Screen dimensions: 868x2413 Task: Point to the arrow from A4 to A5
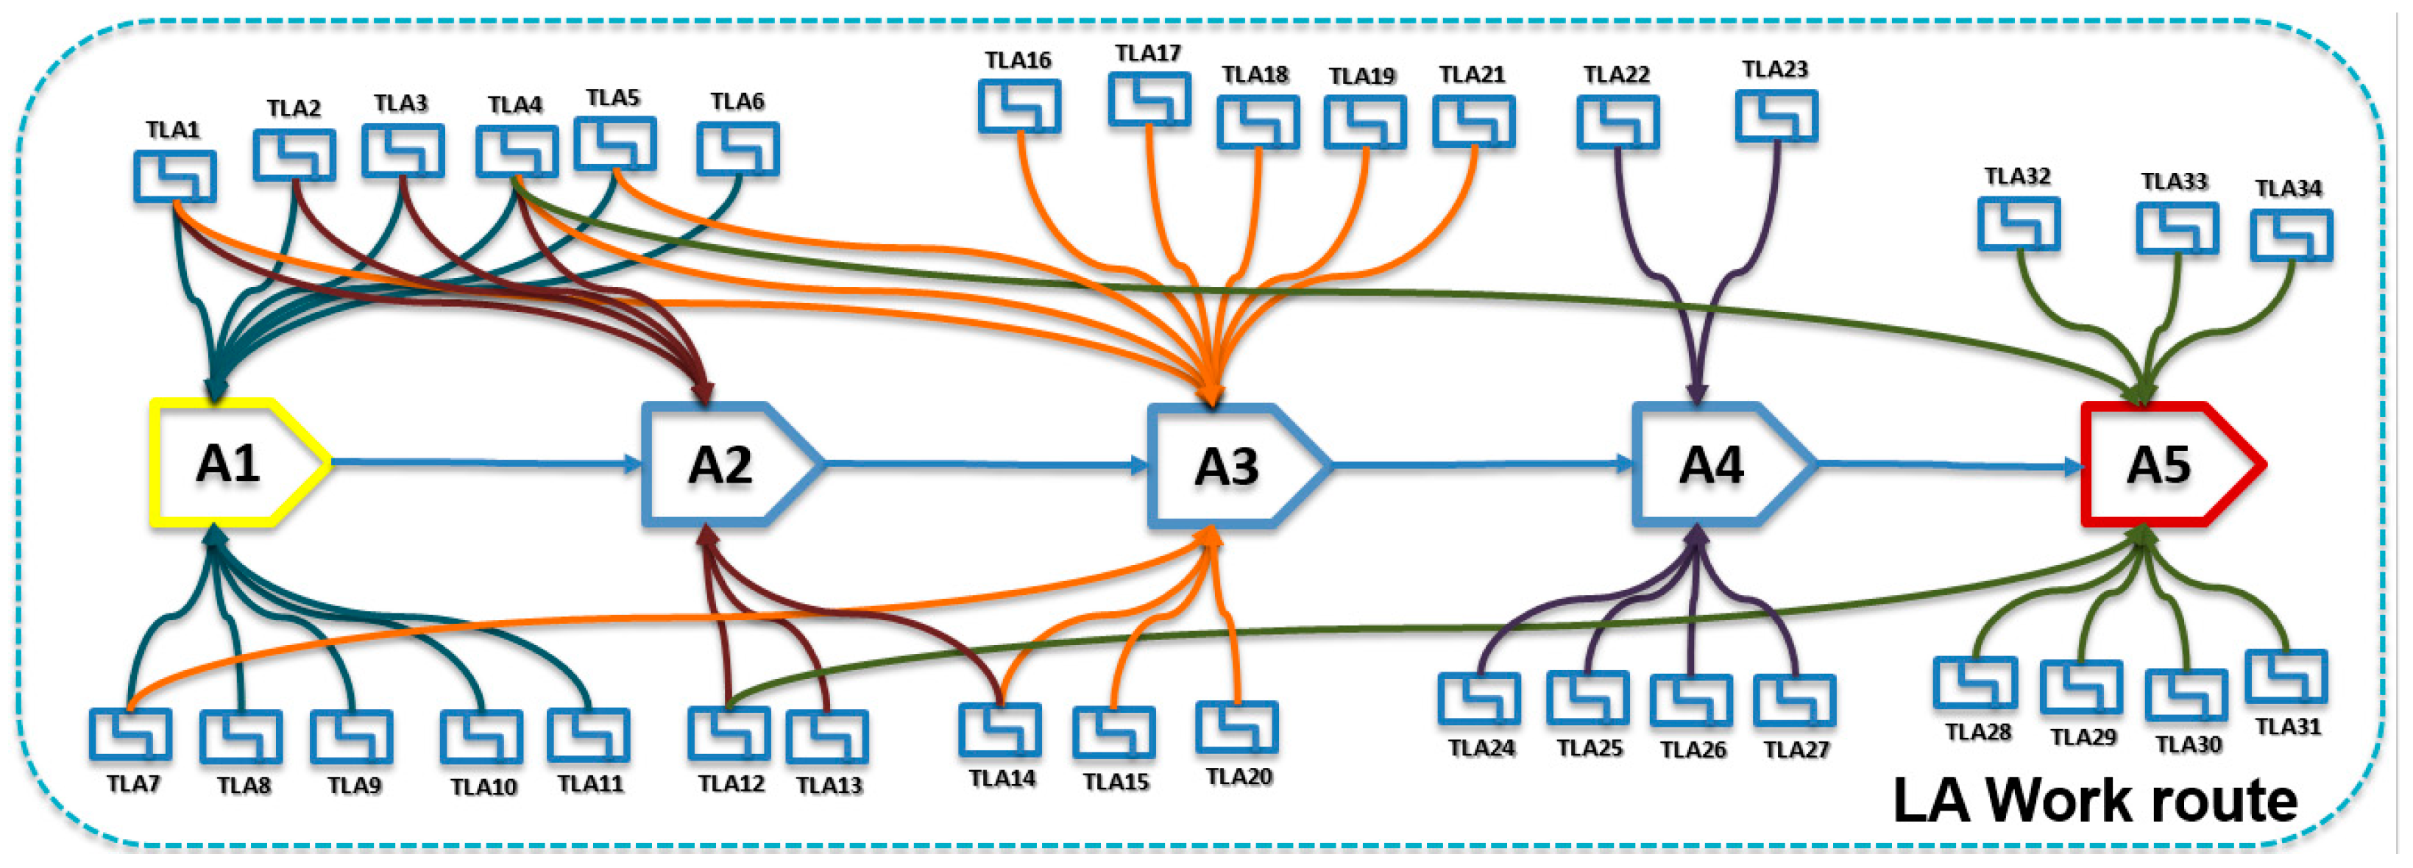click(x=1949, y=463)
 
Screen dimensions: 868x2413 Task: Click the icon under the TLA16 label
click(x=1019, y=106)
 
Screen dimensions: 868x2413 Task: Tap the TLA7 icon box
click(x=130, y=734)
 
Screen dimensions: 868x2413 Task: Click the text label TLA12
click(x=731, y=783)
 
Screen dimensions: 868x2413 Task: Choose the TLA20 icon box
click(x=1236, y=728)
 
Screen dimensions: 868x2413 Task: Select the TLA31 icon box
click(x=2286, y=676)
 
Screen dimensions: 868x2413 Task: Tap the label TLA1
click(x=173, y=129)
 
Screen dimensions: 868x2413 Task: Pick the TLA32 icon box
click(x=2019, y=224)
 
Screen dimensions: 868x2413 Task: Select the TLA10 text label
click(x=483, y=786)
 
